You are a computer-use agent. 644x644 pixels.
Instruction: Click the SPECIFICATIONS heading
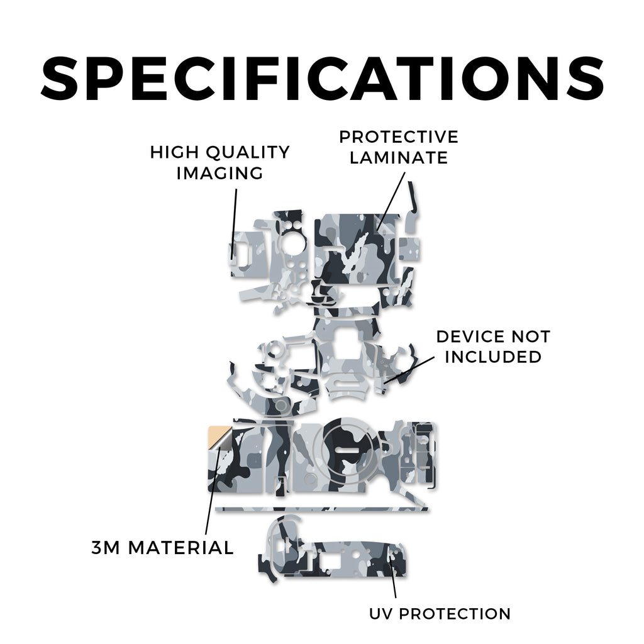(x=323, y=78)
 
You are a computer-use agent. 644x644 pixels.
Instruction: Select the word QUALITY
(x=248, y=153)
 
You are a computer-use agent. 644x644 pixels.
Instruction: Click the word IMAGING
(x=219, y=173)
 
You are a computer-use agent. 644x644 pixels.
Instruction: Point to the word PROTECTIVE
(x=398, y=137)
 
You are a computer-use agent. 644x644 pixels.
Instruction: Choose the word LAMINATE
(x=398, y=158)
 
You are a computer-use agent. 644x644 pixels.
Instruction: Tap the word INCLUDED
(x=493, y=357)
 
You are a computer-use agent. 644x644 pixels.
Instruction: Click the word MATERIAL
(x=181, y=548)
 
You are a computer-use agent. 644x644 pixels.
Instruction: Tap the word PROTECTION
(x=455, y=614)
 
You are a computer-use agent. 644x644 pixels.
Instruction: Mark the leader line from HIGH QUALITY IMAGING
(x=235, y=225)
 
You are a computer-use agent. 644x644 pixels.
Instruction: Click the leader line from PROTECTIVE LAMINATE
(x=391, y=201)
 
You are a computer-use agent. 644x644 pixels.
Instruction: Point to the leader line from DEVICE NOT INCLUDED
(x=409, y=370)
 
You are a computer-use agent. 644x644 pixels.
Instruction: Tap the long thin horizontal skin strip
(x=321, y=509)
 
